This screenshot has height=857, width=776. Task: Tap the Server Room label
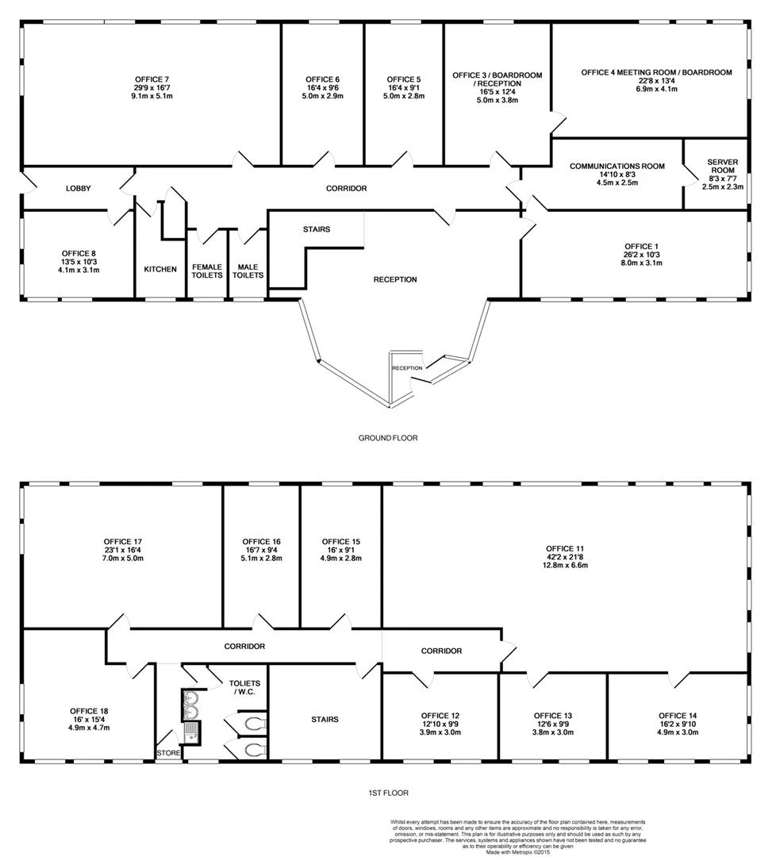click(x=723, y=166)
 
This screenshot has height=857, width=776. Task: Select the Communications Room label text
click(x=617, y=166)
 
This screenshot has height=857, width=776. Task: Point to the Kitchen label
click(x=160, y=270)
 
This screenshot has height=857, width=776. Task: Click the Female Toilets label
click(x=207, y=271)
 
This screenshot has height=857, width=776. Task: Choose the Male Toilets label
click(x=248, y=271)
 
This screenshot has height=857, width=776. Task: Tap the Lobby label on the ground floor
click(x=78, y=189)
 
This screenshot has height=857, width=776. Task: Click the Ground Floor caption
click(x=388, y=438)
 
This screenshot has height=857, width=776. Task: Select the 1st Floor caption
click(x=388, y=793)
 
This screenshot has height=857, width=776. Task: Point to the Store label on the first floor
click(x=168, y=752)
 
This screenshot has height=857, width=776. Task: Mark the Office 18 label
click(x=89, y=711)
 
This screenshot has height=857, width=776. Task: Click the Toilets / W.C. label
click(x=244, y=687)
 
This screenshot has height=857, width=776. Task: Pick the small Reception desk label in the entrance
click(x=407, y=368)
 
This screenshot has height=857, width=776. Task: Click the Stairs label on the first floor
click(x=325, y=719)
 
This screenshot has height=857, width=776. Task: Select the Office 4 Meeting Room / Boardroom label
click(x=656, y=72)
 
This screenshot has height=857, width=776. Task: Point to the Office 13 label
click(x=553, y=716)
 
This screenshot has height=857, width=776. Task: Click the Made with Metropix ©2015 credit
click(x=517, y=851)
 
